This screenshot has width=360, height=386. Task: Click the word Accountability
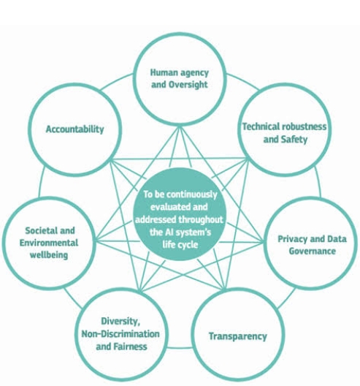point(74,129)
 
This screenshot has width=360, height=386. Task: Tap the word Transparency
point(238,336)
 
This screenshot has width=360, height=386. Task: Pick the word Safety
point(294,140)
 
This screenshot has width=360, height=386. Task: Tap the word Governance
point(313,251)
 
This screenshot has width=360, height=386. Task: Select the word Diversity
point(120,321)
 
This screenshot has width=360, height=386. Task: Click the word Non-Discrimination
point(120,334)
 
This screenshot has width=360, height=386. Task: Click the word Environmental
point(49,243)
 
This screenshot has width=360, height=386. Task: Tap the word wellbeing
point(49,255)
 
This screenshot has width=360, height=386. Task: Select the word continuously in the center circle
point(192,194)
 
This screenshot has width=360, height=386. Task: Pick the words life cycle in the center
point(180,245)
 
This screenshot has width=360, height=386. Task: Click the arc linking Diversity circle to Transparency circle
point(180,348)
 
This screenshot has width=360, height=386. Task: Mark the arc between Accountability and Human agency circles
point(116,80)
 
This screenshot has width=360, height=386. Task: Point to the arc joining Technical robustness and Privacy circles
point(318,182)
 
